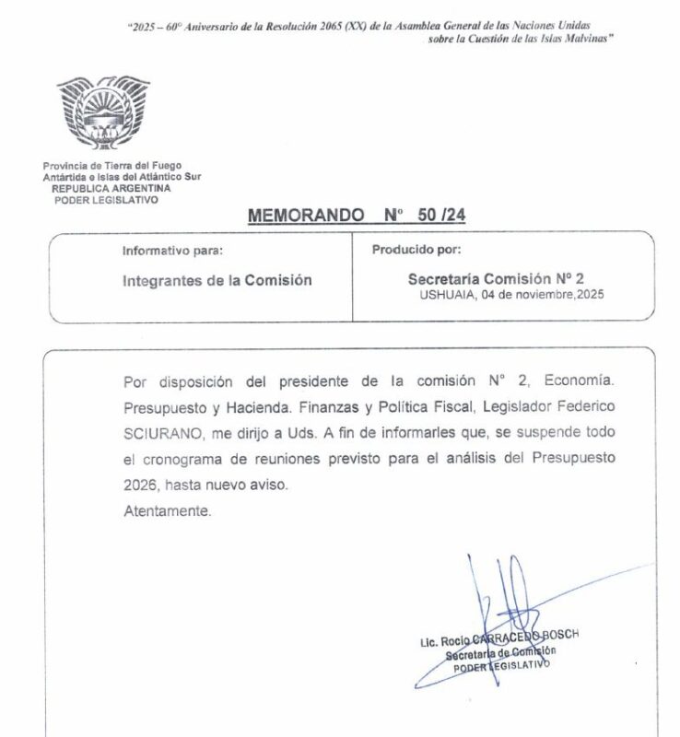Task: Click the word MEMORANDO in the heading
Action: [x=305, y=215]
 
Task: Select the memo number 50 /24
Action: [x=446, y=215]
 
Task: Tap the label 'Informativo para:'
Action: [x=172, y=251]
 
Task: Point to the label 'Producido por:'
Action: [x=416, y=251]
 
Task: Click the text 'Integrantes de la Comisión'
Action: [x=217, y=281]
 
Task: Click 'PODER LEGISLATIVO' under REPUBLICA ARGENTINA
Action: [x=107, y=198]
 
